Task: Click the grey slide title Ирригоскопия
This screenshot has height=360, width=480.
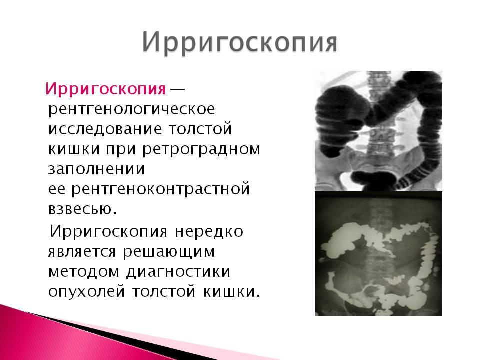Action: point(240,43)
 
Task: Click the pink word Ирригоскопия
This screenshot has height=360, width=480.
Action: point(105,89)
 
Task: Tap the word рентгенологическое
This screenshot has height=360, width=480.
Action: point(132,109)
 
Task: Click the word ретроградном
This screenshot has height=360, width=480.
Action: point(201,149)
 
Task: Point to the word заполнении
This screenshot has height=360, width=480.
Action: point(96,169)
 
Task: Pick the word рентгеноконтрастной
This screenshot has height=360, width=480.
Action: point(161,189)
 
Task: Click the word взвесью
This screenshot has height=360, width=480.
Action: point(82,209)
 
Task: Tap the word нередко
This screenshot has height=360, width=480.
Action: point(209,231)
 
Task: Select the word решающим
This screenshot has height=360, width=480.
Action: point(169,252)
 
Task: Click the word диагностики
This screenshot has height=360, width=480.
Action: point(179,272)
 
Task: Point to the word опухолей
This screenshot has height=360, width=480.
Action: point(87,291)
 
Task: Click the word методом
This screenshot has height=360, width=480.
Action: point(84,272)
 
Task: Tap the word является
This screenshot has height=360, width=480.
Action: point(82,252)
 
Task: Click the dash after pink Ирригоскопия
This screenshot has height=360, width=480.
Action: point(177,89)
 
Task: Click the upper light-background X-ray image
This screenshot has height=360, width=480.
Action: point(378,131)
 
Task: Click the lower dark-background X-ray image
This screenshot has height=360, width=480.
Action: point(378,254)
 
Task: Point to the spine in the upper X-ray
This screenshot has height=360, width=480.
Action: point(379,128)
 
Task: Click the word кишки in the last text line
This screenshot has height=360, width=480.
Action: point(232,291)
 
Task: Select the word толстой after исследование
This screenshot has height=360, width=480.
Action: point(200,129)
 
